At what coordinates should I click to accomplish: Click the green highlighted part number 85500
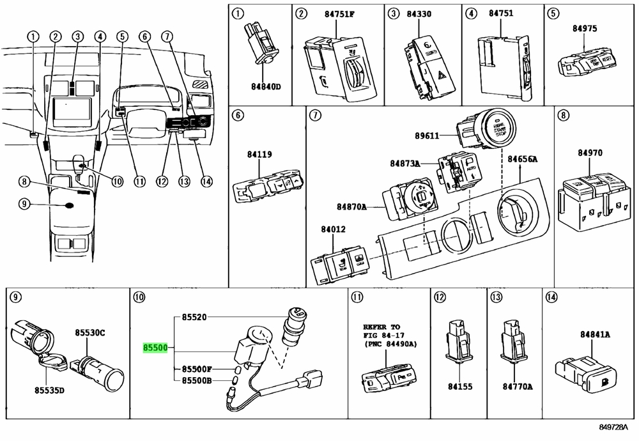click(155, 348)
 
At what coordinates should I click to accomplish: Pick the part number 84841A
click(595, 334)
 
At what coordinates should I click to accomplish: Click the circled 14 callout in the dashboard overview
click(206, 181)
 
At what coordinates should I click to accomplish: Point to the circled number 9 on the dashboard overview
click(24, 205)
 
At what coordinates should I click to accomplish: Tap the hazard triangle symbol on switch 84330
click(442, 74)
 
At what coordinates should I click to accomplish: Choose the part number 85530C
click(90, 333)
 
